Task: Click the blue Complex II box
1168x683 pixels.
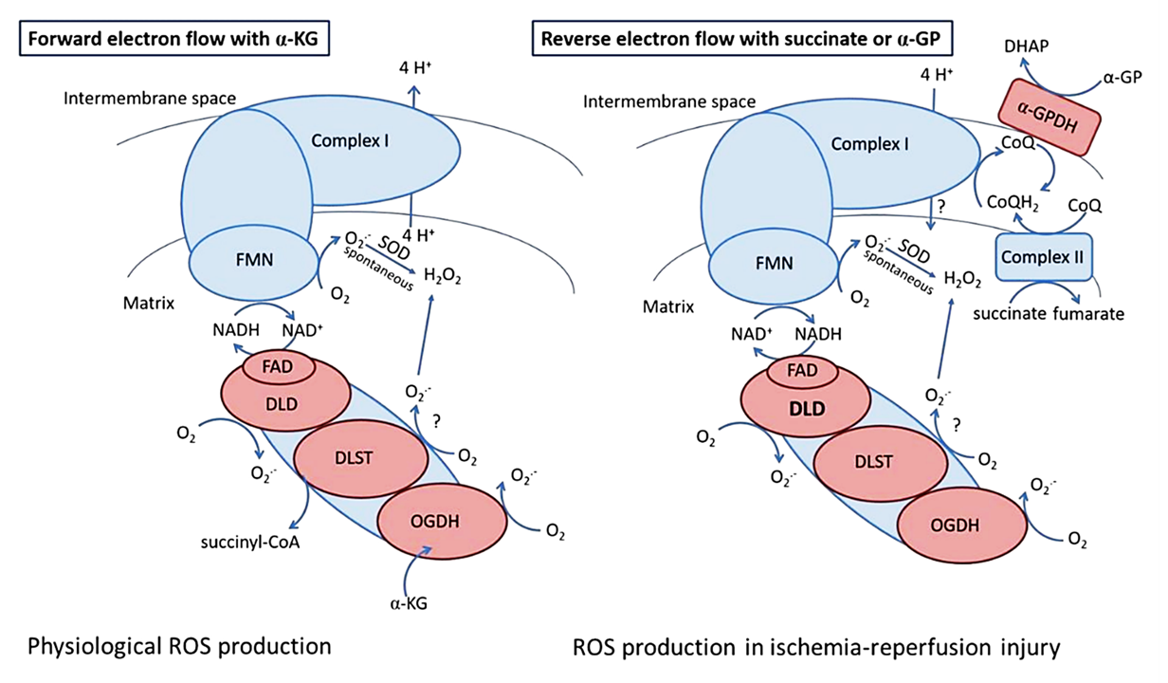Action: pyautogui.click(x=1041, y=257)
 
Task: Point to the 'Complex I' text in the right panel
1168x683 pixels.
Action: pyautogui.click(x=869, y=144)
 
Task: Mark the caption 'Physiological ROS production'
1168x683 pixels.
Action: pyautogui.click(x=180, y=647)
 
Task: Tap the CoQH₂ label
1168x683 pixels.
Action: pyautogui.click(x=1009, y=202)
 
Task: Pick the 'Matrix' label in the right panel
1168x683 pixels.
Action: pyautogui.click(x=668, y=306)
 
